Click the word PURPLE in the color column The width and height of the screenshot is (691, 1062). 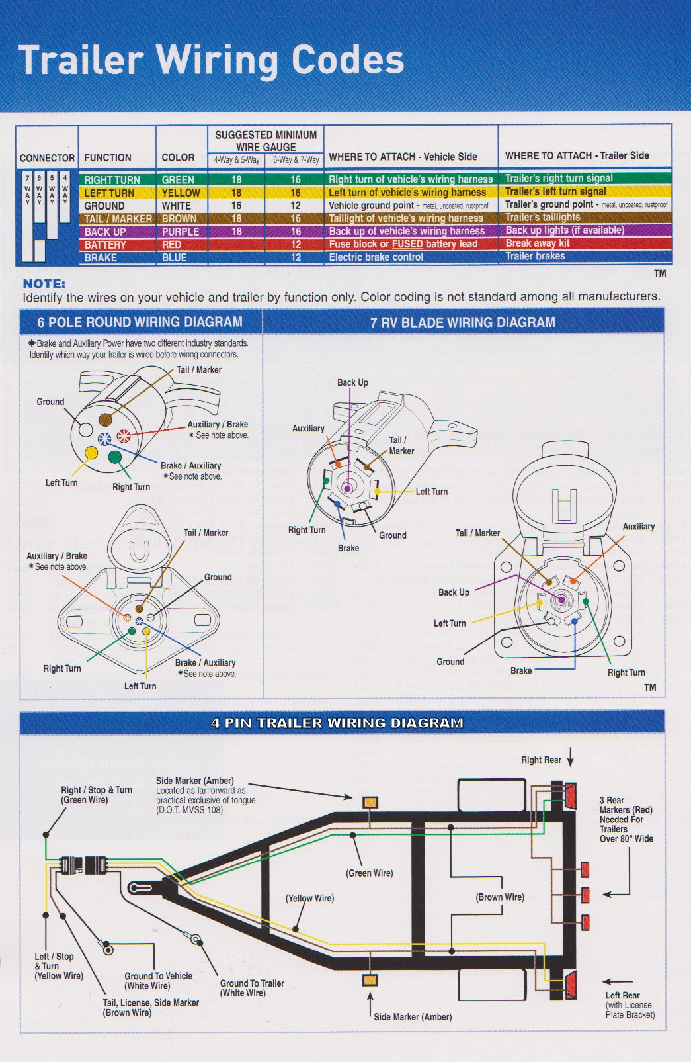[180, 232]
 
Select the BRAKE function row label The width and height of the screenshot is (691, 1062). [101, 257]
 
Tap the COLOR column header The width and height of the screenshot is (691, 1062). [178, 157]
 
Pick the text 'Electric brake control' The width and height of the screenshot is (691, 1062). [376, 257]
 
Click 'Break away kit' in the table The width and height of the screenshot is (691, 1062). [537, 243]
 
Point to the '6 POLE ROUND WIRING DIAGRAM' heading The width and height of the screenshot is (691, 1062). [140, 322]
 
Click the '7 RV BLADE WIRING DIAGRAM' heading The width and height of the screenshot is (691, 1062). [463, 322]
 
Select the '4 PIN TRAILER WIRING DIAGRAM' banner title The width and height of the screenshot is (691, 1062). [337, 723]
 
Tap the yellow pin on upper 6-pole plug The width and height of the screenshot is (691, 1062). [91, 454]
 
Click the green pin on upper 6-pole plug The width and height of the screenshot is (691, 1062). [115, 457]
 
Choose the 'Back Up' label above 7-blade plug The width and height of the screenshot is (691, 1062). [352, 382]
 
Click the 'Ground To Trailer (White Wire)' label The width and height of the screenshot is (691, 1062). [252, 988]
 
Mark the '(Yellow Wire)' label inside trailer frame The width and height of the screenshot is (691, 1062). [309, 898]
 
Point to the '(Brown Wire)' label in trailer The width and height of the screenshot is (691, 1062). [500, 897]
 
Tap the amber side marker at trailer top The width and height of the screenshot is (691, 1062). [370, 803]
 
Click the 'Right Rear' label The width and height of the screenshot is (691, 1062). [541, 760]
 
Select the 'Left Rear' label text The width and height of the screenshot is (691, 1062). [622, 995]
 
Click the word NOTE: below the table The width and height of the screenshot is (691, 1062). [44, 284]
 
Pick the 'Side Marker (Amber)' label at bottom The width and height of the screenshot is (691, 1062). [413, 1016]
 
